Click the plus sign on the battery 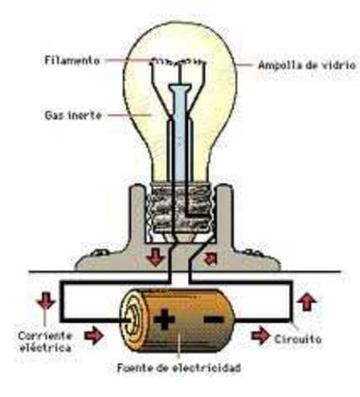pyautogui.click(x=164, y=317)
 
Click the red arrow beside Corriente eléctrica pyautogui.click(x=94, y=335)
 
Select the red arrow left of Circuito pyautogui.click(x=261, y=336)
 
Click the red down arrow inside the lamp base pyautogui.click(x=155, y=256)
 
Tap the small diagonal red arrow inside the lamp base pyautogui.click(x=211, y=257)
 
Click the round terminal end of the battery pyautogui.click(x=132, y=315)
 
